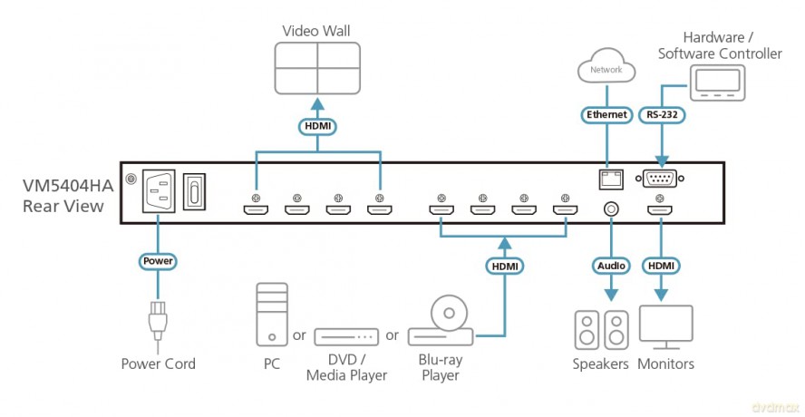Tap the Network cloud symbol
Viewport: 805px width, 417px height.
tap(606, 67)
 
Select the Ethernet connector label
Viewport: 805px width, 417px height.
tap(606, 114)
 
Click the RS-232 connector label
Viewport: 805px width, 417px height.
tap(663, 114)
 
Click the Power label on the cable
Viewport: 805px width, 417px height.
tap(158, 261)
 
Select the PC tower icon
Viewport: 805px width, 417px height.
tap(272, 314)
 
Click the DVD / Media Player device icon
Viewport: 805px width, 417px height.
tap(346, 337)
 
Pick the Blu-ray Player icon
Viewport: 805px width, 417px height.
tap(441, 321)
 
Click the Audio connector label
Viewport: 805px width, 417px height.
tap(611, 266)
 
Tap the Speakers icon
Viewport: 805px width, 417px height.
tap(601, 329)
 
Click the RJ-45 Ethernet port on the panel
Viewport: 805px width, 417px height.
tap(607, 178)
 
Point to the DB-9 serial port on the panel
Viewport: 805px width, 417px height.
tap(660, 179)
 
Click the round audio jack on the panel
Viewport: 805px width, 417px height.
tap(611, 209)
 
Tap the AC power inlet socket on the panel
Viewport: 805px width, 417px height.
tap(158, 190)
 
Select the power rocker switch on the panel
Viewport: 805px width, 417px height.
tap(194, 190)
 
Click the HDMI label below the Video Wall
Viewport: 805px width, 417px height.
tap(317, 124)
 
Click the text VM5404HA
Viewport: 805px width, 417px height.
tap(68, 186)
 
